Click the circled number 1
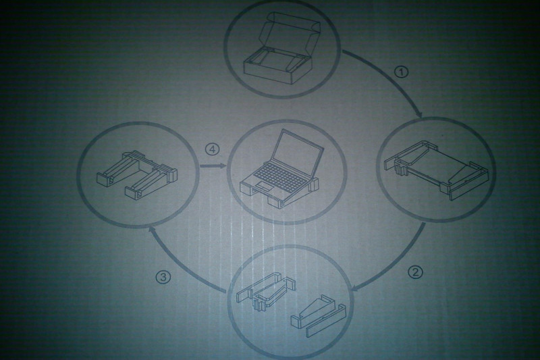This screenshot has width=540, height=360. tap(401, 72)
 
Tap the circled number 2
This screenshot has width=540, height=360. tap(415, 272)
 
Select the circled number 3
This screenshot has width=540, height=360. tap(163, 278)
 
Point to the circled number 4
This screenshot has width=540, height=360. tap(212, 149)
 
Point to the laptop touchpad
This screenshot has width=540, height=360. tap(265, 186)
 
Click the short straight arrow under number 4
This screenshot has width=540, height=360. tap(213, 166)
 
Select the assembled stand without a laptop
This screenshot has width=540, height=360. tap(137, 175)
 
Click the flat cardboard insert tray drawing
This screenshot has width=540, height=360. tap(436, 170)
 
